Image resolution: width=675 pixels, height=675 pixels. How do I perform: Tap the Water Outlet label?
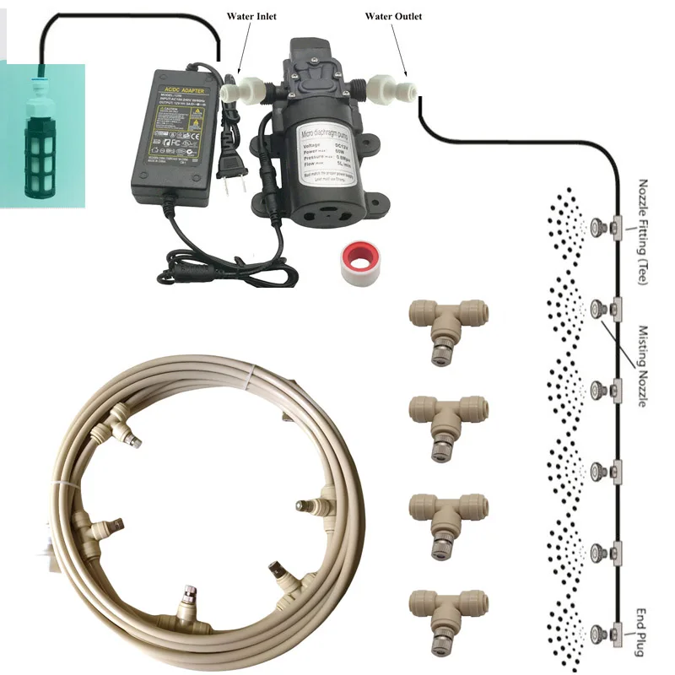[x=392, y=16]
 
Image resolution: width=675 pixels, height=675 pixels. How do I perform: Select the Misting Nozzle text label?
[x=643, y=367]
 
